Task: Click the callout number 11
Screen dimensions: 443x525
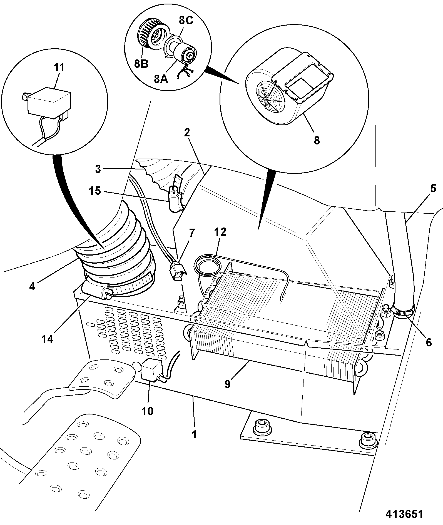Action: [x=59, y=68]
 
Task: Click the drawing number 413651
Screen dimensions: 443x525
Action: [x=404, y=514]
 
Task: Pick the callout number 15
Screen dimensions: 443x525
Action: [x=95, y=191]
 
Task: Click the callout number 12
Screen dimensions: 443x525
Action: [x=220, y=232]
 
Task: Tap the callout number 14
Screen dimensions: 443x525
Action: [x=48, y=339]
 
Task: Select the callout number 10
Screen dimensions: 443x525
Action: [x=148, y=411]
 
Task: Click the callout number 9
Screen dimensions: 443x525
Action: [x=228, y=384]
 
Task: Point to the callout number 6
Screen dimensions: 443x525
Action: [x=429, y=343]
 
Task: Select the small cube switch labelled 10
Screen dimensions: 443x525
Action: [x=151, y=369]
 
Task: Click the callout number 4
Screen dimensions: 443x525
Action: [x=32, y=286]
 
